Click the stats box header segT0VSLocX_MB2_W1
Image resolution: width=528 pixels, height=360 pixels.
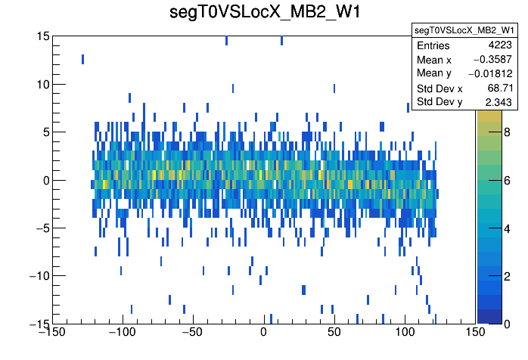click(x=464, y=29)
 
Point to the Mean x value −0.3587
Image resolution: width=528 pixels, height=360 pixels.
click(x=492, y=59)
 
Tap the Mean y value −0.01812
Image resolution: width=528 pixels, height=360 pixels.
click(x=490, y=73)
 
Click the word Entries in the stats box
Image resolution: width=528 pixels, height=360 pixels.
click(x=433, y=45)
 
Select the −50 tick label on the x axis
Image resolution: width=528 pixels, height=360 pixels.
click(x=193, y=333)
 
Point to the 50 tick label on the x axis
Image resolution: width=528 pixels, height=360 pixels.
click(x=334, y=333)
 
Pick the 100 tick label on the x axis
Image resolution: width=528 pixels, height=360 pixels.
click(x=405, y=333)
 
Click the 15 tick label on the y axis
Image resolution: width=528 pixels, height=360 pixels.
click(x=44, y=36)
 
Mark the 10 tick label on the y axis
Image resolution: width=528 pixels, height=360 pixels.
click(x=44, y=84)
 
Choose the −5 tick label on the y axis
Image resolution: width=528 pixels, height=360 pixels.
click(x=44, y=228)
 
